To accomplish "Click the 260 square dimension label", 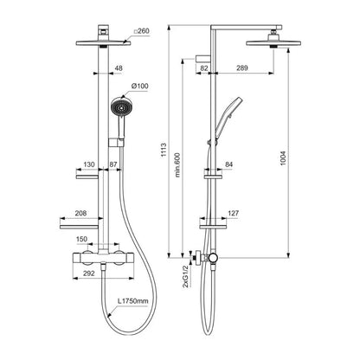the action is pyautogui.click(x=142, y=31).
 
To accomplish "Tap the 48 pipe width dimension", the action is pyautogui.click(x=119, y=68).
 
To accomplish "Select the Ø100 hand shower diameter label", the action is pyautogui.click(x=140, y=86).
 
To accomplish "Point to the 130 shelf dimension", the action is pyautogui.click(x=89, y=164).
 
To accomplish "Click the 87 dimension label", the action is pyautogui.click(x=113, y=164).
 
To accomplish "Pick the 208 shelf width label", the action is pyautogui.click(x=80, y=213).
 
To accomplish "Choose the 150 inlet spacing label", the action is pyautogui.click(x=81, y=239).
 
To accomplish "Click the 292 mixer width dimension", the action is pyautogui.click(x=89, y=273).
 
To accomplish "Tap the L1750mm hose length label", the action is pyautogui.click(x=133, y=301).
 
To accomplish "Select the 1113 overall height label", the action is pyautogui.click(x=164, y=150).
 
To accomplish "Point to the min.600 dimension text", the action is pyautogui.click(x=177, y=164).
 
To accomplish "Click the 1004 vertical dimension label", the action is pyautogui.click(x=283, y=158).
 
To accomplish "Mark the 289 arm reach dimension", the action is pyautogui.click(x=242, y=68).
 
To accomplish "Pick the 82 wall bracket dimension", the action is pyautogui.click(x=204, y=68).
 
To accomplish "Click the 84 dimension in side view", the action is pyautogui.click(x=228, y=164).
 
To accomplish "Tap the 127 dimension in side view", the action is pyautogui.click(x=233, y=213).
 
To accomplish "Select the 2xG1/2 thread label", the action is pyautogui.click(x=185, y=277).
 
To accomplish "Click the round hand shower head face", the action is pyautogui.click(x=121, y=107).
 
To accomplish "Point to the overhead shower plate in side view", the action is pyautogui.click(x=273, y=43).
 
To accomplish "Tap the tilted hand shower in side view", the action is pyautogui.click(x=229, y=115).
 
